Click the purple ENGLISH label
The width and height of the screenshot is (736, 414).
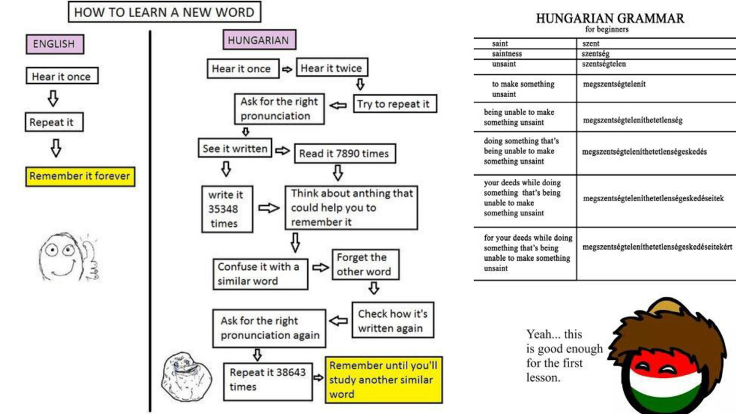[x=54, y=44]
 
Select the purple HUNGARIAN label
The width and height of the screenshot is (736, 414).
[x=258, y=40]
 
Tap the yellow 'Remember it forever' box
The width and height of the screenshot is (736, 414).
[x=80, y=177]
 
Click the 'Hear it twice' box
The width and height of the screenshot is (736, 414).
[x=331, y=69]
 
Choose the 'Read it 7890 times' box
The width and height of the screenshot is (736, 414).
[x=343, y=153]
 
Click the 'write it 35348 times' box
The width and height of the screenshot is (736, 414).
[x=227, y=209]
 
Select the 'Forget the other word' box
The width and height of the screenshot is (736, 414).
[x=364, y=264]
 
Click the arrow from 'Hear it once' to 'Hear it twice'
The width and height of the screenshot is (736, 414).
[x=287, y=69]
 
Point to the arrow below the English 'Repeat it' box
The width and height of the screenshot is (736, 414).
[x=55, y=148]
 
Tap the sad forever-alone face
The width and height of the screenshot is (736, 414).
[x=182, y=375]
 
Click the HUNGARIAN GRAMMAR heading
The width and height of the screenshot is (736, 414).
[x=609, y=19]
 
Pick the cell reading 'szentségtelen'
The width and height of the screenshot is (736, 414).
[x=604, y=64]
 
